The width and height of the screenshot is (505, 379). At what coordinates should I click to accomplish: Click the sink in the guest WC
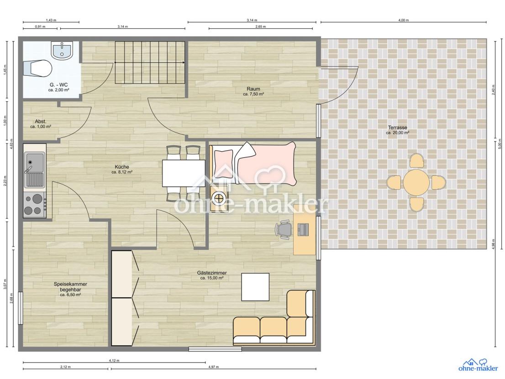[x=62, y=50]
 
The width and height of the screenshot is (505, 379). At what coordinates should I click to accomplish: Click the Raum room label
[x=253, y=89]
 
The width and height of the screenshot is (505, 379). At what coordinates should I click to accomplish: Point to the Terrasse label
[x=397, y=127]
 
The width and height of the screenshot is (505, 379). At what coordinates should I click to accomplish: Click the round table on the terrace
[x=416, y=182]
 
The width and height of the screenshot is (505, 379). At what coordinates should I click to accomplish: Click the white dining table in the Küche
[x=184, y=173]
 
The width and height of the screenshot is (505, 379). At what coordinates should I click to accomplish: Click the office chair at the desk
[x=284, y=230]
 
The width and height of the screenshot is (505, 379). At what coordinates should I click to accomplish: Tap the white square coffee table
[x=255, y=287]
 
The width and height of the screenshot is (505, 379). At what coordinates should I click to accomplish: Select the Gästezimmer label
[x=212, y=273]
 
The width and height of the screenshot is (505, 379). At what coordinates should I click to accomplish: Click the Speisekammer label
[x=70, y=284]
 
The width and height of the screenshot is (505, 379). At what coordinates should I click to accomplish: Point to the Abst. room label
[x=41, y=121]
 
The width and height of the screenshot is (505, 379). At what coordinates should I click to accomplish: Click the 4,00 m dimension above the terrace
[x=403, y=20]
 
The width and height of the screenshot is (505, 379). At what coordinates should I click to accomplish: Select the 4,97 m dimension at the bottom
[x=214, y=367]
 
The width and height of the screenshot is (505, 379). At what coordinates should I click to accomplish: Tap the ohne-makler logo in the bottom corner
[x=478, y=365]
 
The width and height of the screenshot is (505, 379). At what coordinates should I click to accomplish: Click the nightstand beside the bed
[x=219, y=198]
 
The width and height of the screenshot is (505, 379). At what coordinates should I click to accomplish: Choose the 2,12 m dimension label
[x=65, y=367]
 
